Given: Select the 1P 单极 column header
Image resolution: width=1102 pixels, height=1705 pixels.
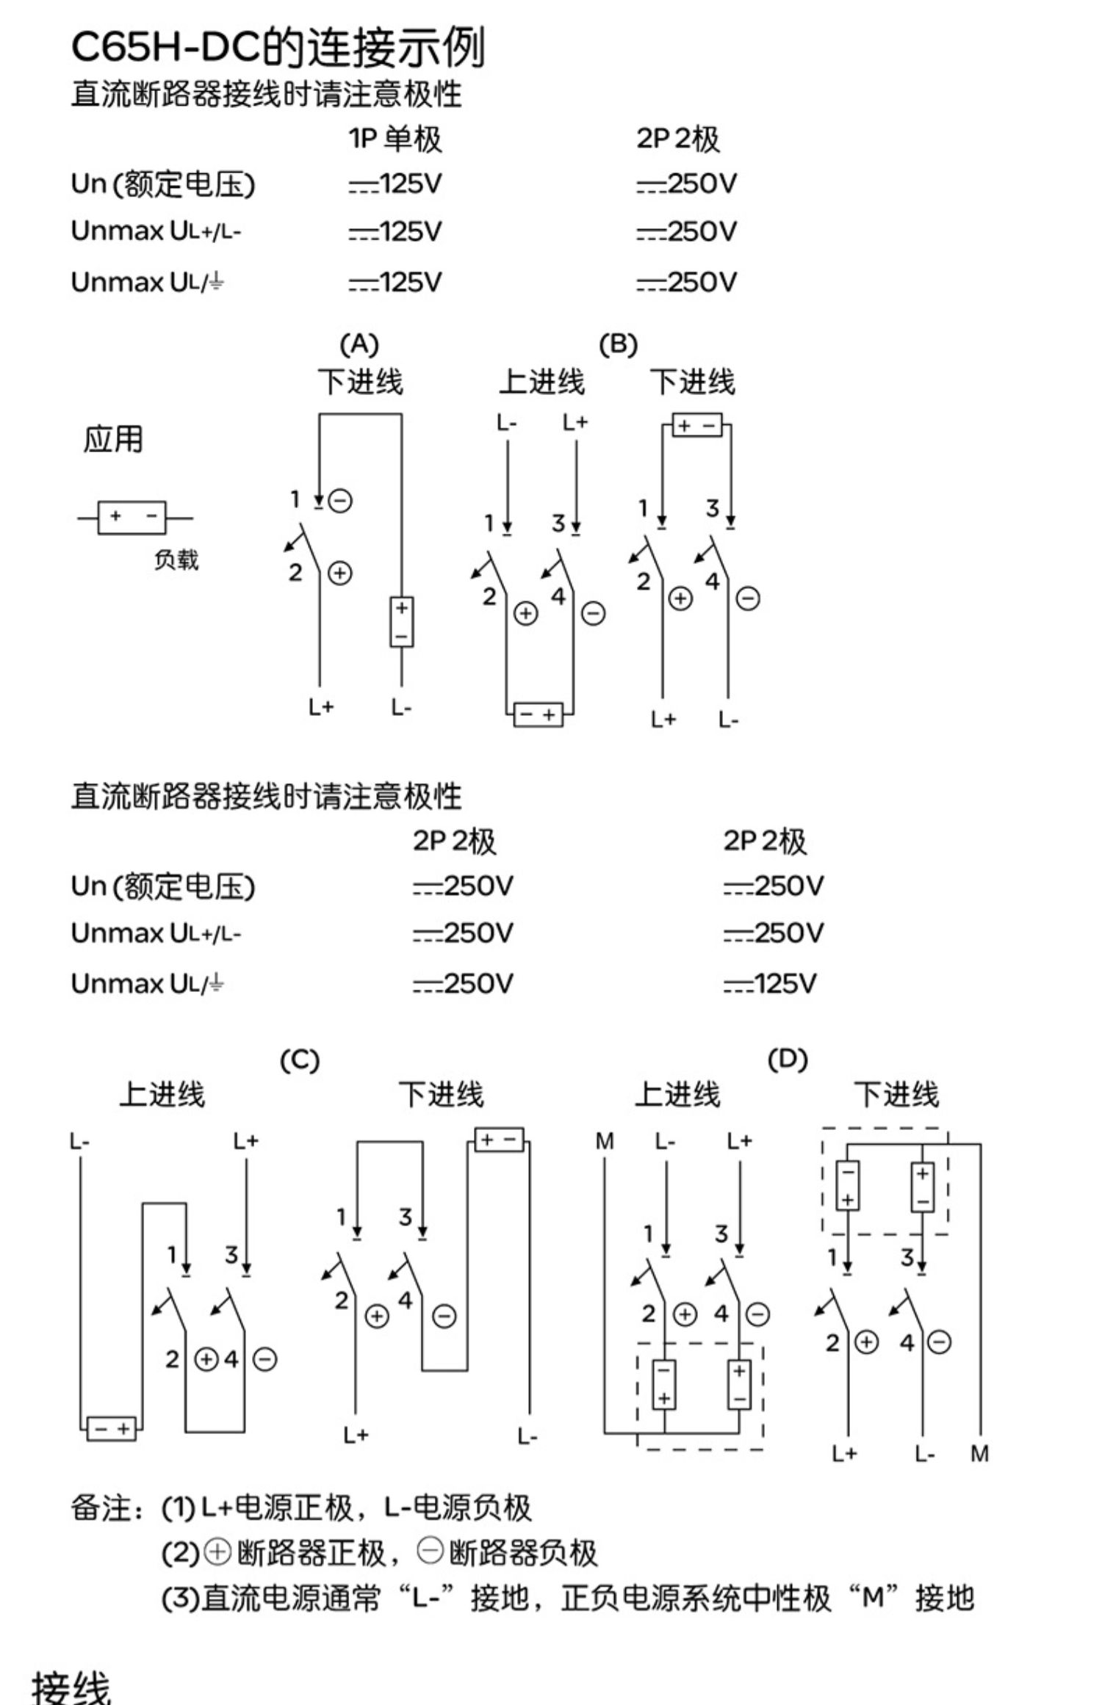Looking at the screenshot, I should [395, 139].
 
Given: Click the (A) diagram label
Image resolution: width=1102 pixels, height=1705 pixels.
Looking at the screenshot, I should [359, 344].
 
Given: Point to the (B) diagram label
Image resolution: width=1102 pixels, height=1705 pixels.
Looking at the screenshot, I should [618, 344].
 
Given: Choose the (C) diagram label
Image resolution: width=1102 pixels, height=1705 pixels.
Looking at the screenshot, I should [300, 1060].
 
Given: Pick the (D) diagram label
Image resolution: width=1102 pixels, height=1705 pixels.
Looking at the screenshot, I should [788, 1059].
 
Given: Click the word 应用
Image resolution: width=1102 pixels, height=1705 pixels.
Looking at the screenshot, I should [112, 439].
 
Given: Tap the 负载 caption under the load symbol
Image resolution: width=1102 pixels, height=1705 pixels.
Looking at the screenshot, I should [176, 560].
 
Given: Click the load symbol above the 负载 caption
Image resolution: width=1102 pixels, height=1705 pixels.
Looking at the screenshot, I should [133, 518].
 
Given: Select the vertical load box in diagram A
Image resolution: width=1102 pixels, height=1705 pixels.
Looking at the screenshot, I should [401, 622].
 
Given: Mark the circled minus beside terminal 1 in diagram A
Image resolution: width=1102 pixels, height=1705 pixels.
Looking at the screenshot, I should [340, 501].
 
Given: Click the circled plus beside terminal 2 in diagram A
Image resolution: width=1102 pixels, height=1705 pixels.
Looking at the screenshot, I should [339, 573].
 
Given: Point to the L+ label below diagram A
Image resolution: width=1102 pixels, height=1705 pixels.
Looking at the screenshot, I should [321, 707].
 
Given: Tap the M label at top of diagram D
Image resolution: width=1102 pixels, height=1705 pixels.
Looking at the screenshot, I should [605, 1141].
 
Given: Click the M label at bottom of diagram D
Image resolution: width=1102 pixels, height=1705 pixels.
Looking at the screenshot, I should [979, 1453].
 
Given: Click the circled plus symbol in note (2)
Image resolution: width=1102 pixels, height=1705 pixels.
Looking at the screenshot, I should [217, 1552].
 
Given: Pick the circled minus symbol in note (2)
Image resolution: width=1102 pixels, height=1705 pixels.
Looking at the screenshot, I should [431, 1552].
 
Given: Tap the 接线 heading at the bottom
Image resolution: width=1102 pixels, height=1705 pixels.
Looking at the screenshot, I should [71, 1685].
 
